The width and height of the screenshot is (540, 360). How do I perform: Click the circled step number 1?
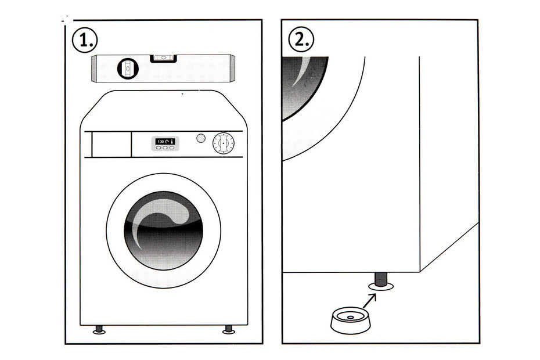pos(85,40)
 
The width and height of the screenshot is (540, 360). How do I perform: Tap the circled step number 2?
pos(301,40)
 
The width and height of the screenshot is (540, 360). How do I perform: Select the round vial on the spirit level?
pos(128,69)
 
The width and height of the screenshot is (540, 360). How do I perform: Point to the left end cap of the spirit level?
pos(94,70)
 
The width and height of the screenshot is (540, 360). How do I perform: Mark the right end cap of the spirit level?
pos(232,68)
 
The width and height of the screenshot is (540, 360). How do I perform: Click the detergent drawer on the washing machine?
pos(111,145)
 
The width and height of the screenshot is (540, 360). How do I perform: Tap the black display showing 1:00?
pos(165,142)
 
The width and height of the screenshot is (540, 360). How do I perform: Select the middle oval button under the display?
pos(165,147)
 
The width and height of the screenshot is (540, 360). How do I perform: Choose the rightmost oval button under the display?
pos(171,147)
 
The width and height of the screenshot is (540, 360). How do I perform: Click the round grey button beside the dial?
pos(201,139)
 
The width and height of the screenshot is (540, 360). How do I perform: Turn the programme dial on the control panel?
pos(224,143)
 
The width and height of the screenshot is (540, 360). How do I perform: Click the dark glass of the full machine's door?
pos(163,231)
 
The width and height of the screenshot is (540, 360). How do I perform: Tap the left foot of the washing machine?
pos(99,329)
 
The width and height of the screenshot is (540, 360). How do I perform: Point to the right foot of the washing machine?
pos(228,329)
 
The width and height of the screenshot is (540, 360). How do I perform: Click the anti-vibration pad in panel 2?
pos(350,320)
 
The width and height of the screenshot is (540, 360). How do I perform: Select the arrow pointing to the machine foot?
pos(369,301)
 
